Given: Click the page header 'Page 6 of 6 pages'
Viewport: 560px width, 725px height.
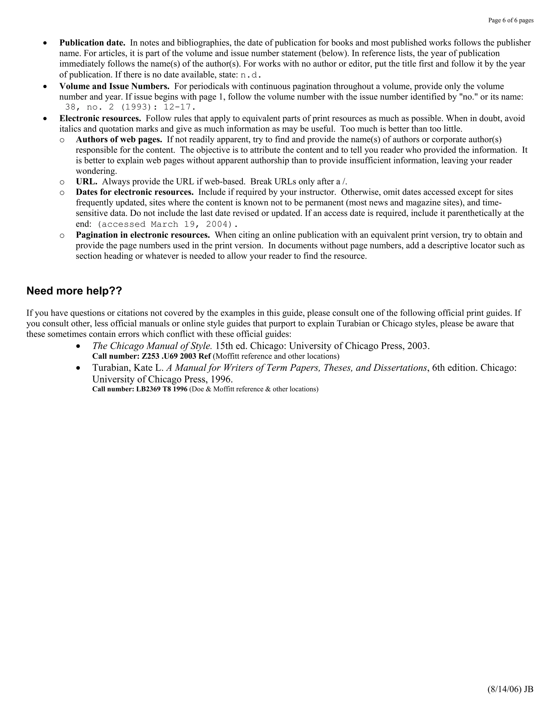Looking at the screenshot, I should tap(511, 21).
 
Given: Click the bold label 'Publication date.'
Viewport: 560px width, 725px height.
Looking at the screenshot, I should tap(92, 43).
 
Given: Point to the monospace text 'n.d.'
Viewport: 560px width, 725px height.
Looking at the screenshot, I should tap(250, 75).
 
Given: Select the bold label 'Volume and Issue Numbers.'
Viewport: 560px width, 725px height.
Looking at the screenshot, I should tap(114, 86).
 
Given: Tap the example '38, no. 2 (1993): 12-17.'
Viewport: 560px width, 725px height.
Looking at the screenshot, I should tap(130, 107).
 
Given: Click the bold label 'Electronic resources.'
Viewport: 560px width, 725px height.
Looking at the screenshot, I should tap(100, 118).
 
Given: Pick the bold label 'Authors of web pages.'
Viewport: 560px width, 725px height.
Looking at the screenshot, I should tap(119, 140).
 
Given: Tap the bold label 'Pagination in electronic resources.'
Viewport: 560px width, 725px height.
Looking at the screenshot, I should tap(143, 235).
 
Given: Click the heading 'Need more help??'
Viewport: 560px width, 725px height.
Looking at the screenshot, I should tap(74, 291).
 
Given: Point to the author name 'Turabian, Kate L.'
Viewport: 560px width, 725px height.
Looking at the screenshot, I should tap(128, 368).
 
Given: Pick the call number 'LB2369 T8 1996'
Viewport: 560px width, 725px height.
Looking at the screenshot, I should tap(162, 389).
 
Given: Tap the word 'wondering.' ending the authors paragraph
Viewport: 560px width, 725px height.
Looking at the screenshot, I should tap(96, 171).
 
